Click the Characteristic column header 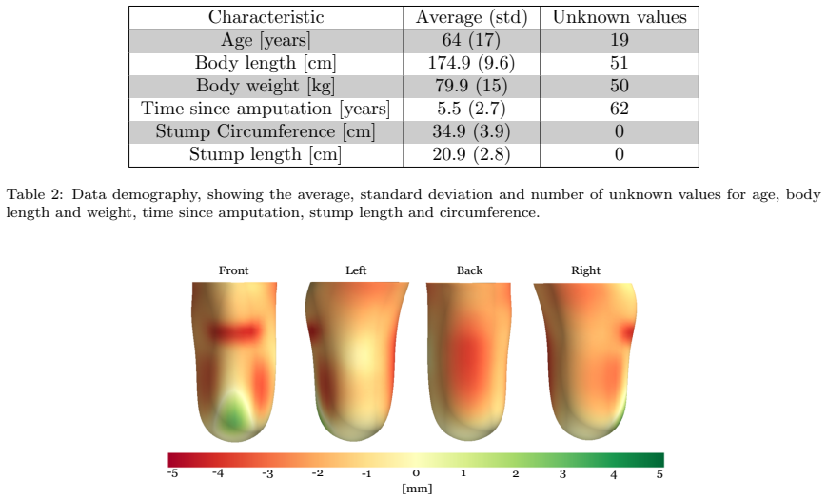(266, 17)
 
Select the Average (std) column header (471, 17)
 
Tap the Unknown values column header (620, 17)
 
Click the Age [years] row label (266, 41)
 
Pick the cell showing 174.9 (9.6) (471, 64)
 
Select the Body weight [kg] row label (266, 86)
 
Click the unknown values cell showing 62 (620, 109)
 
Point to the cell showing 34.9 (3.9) (471, 131)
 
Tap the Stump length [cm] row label (266, 154)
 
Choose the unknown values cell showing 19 (620, 40)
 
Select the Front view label (234, 270)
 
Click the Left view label (356, 270)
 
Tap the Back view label (469, 270)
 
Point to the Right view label (585, 270)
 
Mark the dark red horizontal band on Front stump (235, 331)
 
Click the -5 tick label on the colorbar (172, 473)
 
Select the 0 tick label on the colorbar (416, 473)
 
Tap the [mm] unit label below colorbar (417, 489)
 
